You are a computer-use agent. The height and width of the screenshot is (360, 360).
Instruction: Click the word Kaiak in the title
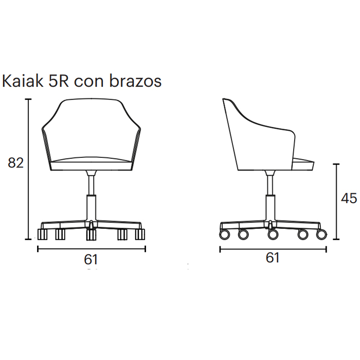23,81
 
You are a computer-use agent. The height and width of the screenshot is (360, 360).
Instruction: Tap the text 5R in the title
59,81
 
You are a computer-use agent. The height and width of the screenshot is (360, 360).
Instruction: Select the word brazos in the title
135,81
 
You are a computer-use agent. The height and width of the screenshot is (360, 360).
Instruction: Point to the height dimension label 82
15,163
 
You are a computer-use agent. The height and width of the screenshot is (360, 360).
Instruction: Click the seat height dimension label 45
349,199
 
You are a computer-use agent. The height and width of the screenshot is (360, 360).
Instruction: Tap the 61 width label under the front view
91,260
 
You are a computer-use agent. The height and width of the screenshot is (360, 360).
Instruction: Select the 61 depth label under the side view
273,258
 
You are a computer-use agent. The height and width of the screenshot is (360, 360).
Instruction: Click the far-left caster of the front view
42,234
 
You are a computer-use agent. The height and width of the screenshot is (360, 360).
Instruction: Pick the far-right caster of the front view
140,234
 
